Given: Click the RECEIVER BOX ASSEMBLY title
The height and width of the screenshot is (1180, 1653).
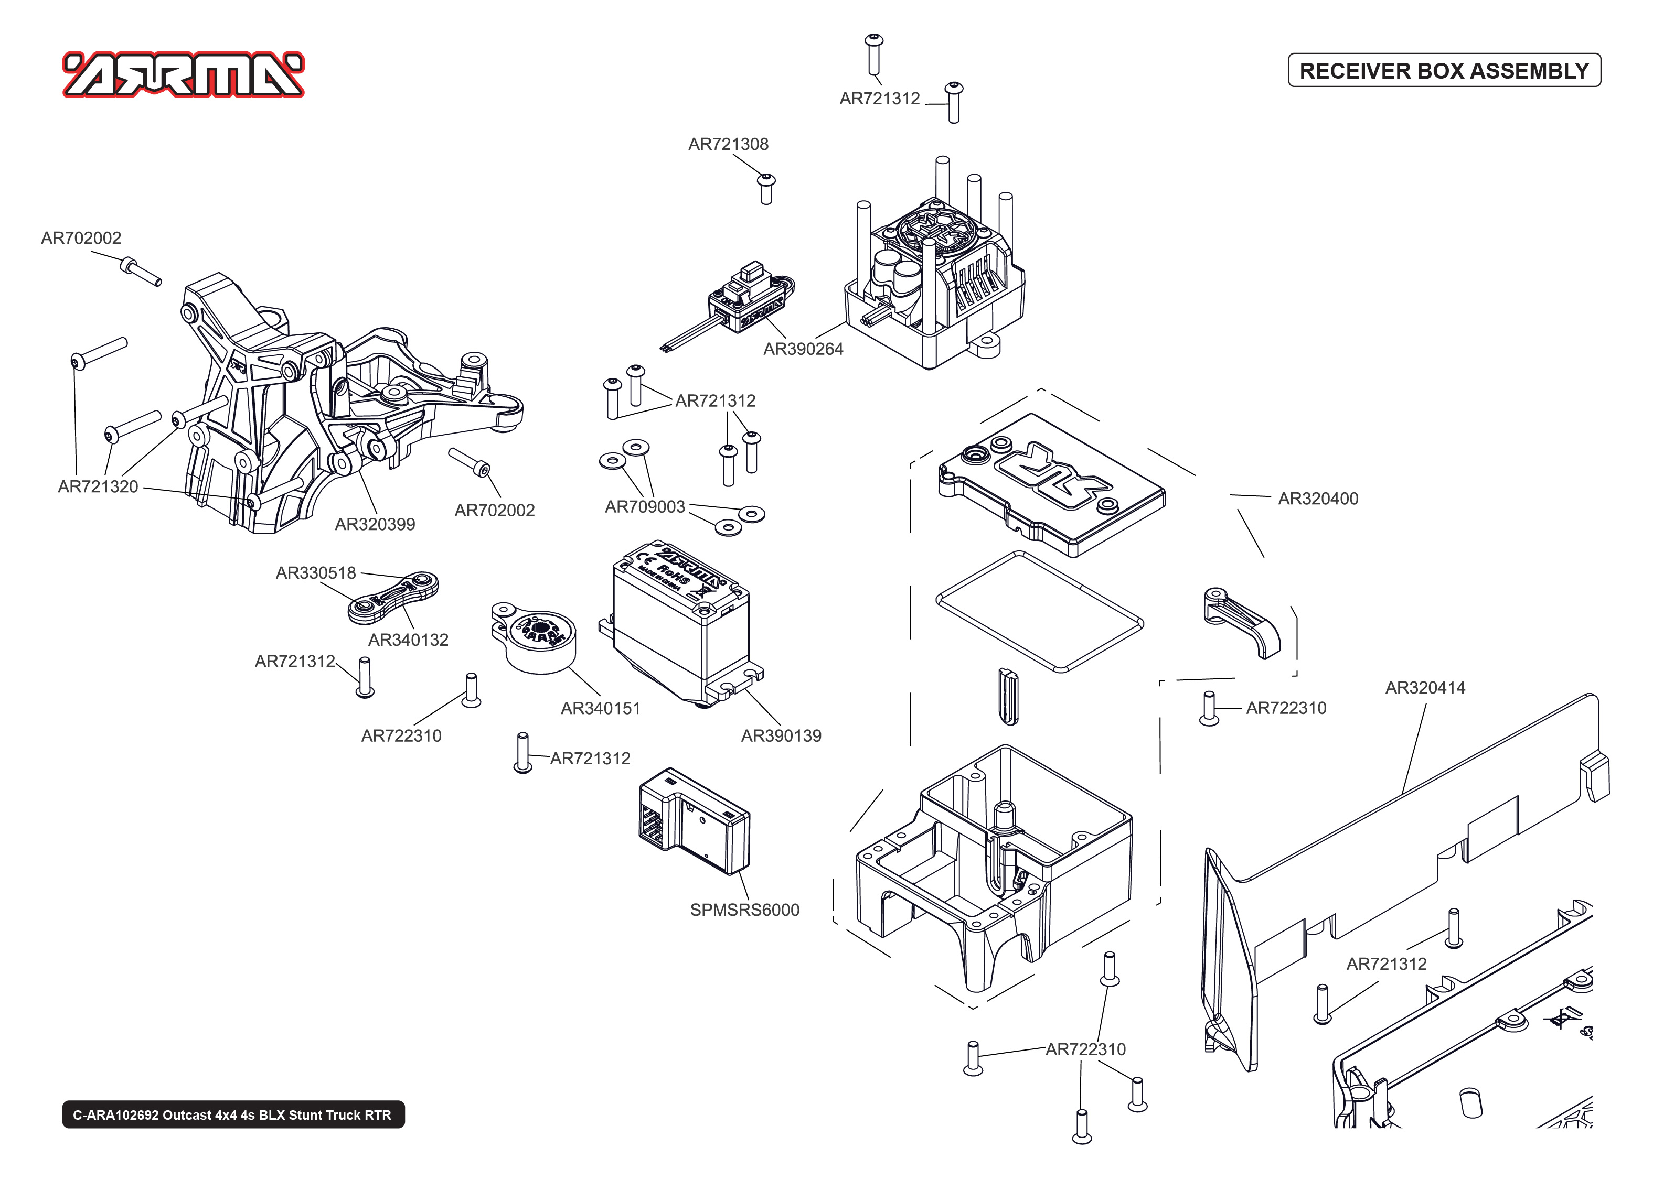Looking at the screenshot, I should pyautogui.click(x=1444, y=70).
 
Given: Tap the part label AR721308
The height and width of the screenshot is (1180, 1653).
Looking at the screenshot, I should pyautogui.click(x=728, y=144).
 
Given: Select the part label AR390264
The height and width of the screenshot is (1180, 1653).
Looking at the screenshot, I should pyautogui.click(x=803, y=349).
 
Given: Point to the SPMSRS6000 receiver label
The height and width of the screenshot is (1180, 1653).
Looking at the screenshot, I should pyautogui.click(x=744, y=910).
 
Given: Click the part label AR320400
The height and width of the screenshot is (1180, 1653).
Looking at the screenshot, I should pyautogui.click(x=1317, y=499).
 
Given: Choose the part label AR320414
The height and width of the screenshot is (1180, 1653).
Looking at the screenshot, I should pyautogui.click(x=1424, y=687).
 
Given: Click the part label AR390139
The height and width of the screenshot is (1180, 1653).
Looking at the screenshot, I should pyautogui.click(x=781, y=735).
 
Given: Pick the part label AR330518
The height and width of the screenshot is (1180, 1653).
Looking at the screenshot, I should pyautogui.click(x=315, y=572).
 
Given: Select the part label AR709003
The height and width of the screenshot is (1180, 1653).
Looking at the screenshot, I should pyautogui.click(x=645, y=506).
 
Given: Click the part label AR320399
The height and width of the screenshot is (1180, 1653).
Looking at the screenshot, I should pyautogui.click(x=375, y=524).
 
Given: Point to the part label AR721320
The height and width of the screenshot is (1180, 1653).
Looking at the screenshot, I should pyautogui.click(x=98, y=486).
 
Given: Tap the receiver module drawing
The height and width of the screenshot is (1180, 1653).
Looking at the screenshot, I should pyautogui.click(x=694, y=821).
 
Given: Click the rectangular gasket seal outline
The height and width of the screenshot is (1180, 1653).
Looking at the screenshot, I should pyautogui.click(x=1039, y=610).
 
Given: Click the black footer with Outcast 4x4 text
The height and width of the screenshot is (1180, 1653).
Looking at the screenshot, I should pyautogui.click(x=232, y=1114).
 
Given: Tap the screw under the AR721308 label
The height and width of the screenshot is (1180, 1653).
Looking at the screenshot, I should pyautogui.click(x=765, y=188).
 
